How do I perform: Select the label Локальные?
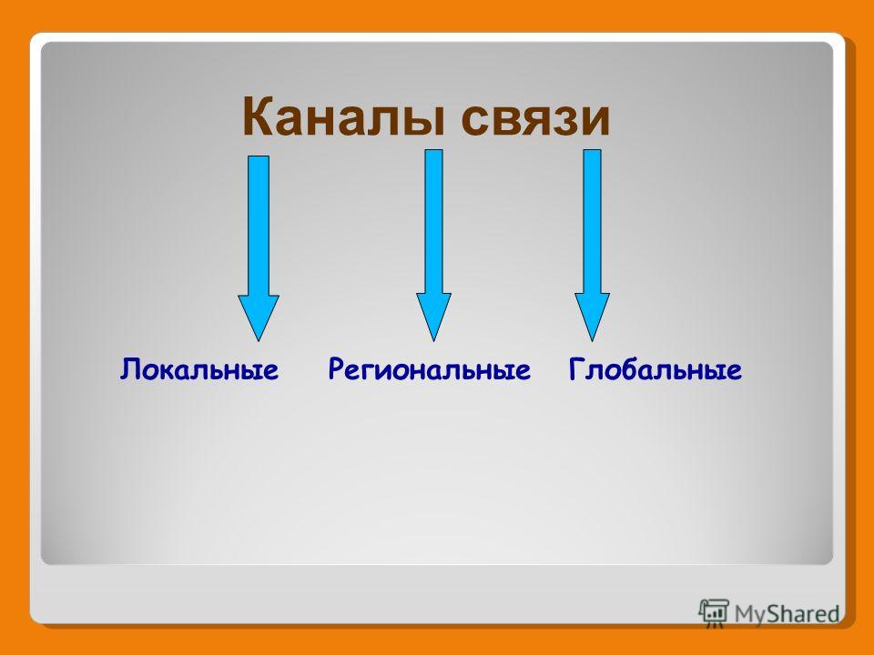[199, 369]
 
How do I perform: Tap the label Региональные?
[429, 369]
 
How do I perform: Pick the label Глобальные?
[655, 369]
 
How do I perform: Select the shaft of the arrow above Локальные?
[258, 226]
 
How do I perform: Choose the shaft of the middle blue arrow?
[433, 222]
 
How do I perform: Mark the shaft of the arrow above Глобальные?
[592, 222]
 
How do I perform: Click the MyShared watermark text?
[787, 614]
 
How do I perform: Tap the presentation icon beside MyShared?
[714, 613]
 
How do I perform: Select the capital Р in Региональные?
[336, 370]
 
